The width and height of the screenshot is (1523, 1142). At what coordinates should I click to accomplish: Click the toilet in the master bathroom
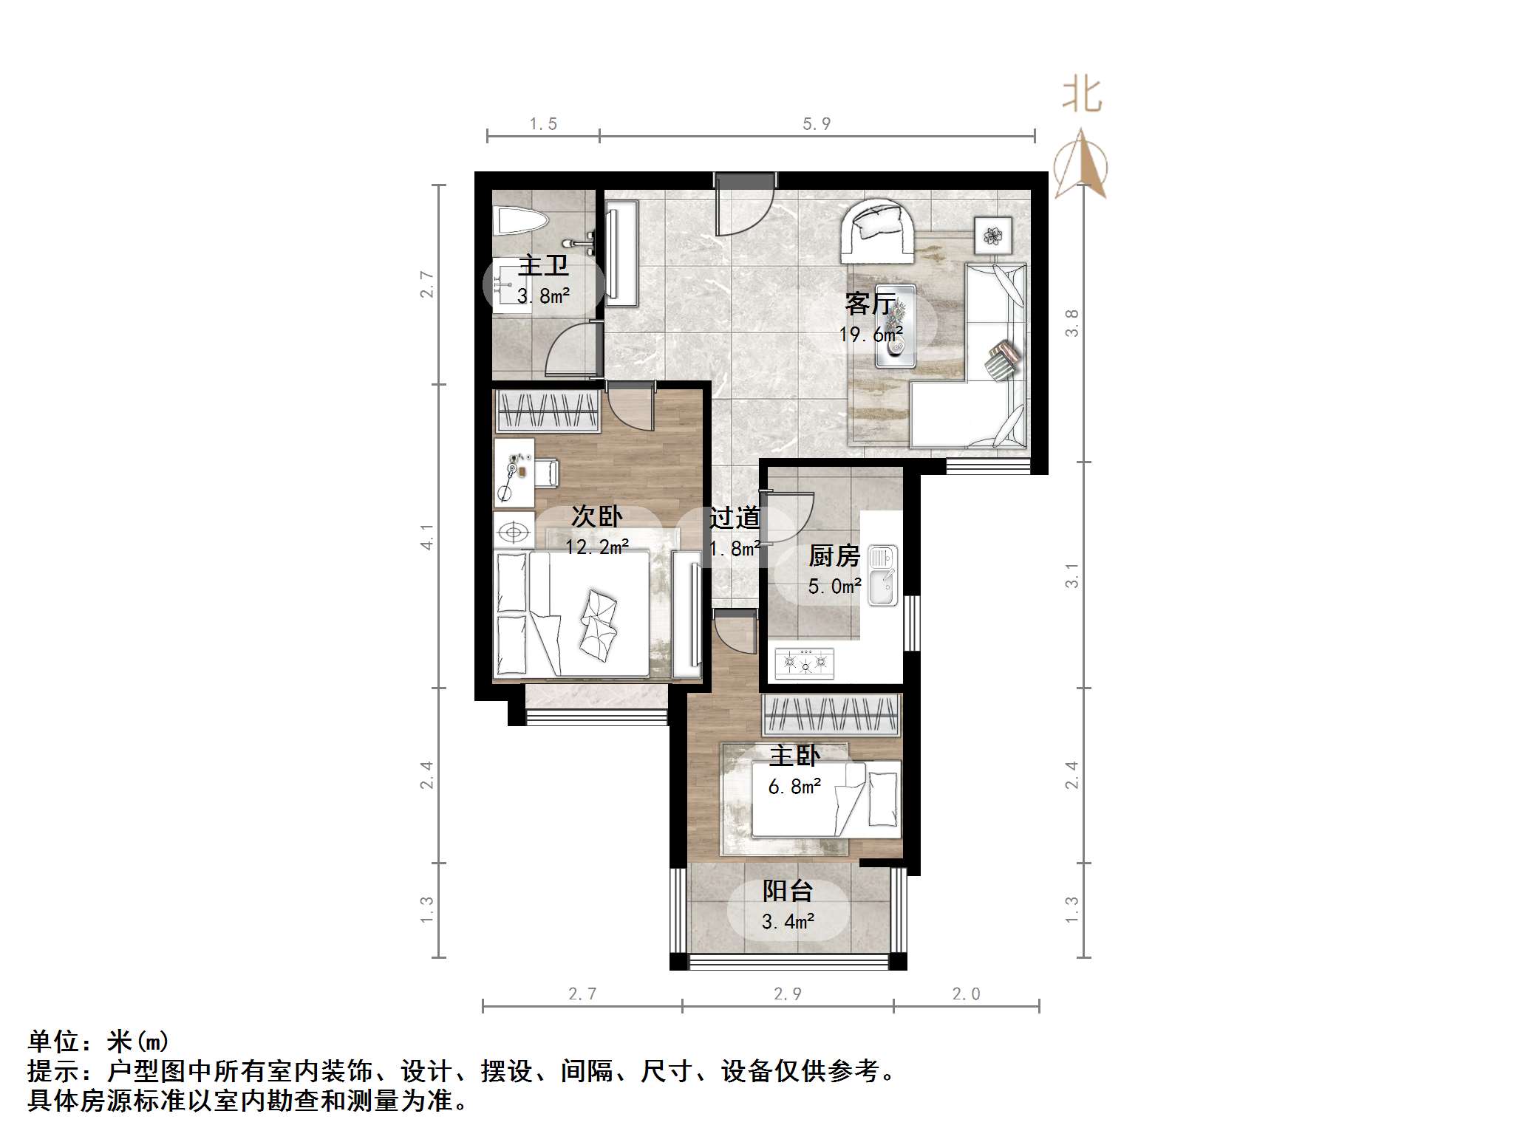[522, 221]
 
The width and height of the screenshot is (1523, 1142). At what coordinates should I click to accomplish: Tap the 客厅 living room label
[870, 304]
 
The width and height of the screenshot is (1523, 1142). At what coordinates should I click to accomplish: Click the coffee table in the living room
[896, 326]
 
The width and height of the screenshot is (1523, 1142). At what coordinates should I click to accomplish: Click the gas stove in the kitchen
[805, 663]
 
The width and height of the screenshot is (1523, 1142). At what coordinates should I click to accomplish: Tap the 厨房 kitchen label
[834, 555]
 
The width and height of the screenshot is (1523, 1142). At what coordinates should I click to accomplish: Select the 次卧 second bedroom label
[596, 516]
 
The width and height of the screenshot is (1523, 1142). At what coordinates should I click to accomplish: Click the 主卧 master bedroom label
[794, 756]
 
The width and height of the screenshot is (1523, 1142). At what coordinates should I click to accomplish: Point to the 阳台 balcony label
[788, 891]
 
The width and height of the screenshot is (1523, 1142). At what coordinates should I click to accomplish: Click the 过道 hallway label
[735, 518]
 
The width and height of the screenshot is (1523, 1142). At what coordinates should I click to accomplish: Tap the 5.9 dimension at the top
[817, 124]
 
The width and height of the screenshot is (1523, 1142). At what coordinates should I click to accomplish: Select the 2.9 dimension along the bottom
[787, 994]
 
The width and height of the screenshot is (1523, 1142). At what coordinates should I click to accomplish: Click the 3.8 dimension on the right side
[1071, 323]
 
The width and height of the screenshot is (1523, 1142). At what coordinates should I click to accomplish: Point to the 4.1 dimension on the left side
[427, 536]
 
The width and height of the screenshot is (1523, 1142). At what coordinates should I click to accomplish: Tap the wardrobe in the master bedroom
[832, 714]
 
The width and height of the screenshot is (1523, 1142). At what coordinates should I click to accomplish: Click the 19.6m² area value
[870, 335]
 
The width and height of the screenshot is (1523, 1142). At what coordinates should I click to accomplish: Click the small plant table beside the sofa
[992, 236]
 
